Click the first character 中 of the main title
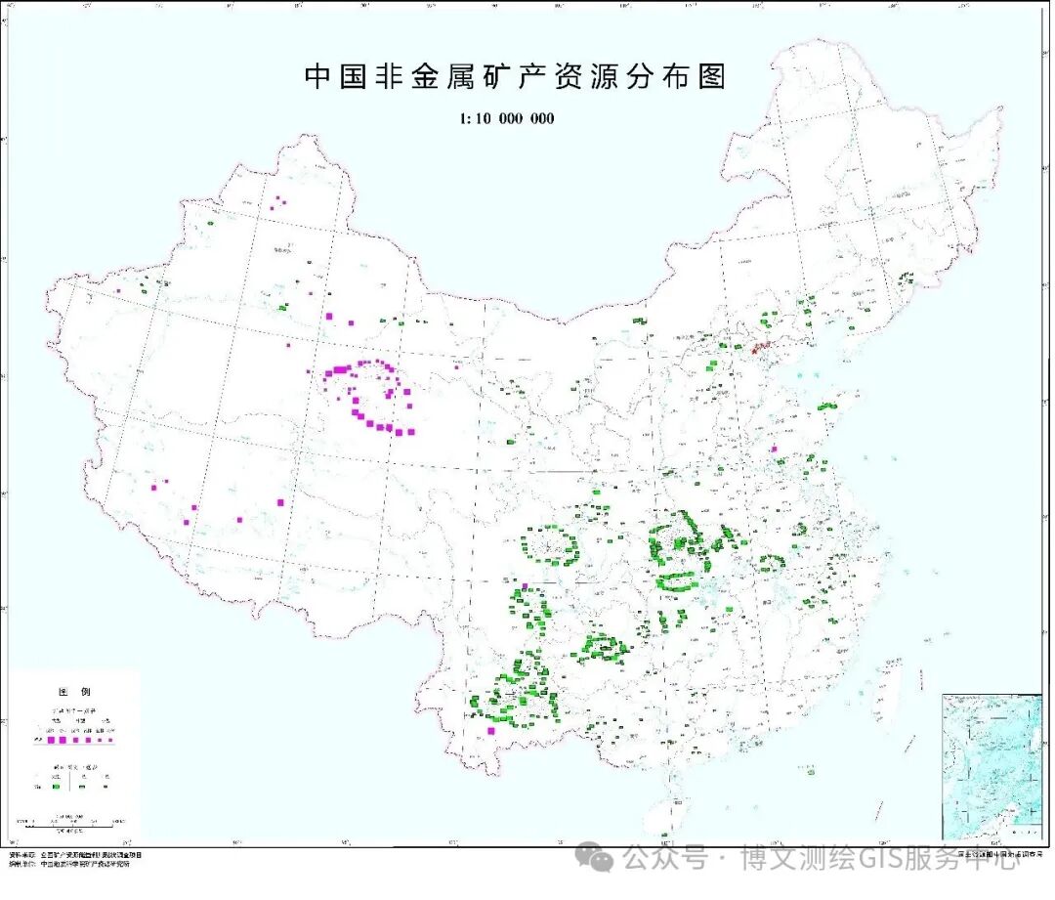[319, 77]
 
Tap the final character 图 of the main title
[713, 77]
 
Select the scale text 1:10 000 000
[506, 118]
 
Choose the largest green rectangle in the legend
[58, 785]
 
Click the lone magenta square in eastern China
[774, 450]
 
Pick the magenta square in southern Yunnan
[491, 730]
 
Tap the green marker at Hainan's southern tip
[664, 836]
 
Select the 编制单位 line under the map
[68, 864]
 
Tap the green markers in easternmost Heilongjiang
[906, 279]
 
